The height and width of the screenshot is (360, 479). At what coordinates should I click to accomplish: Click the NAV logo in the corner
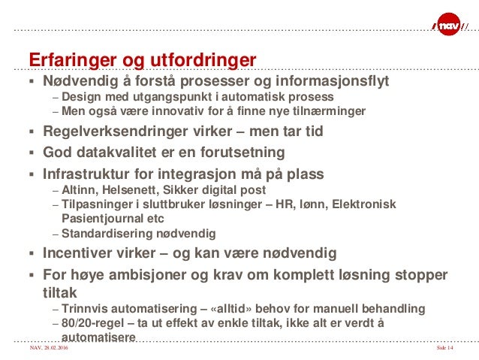(x=449, y=28)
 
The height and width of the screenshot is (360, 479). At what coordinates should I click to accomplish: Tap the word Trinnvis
(x=86, y=308)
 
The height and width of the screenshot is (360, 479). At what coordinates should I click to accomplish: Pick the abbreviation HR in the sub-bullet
(x=301, y=204)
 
